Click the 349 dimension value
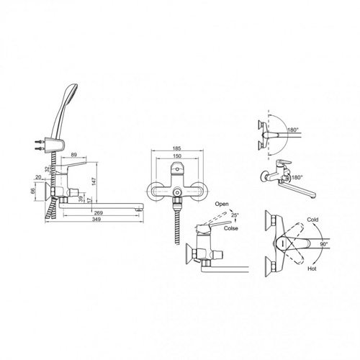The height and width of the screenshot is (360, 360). coord(96,219)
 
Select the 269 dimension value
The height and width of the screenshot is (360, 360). coord(99,212)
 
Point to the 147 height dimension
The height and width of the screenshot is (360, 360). coord(94,181)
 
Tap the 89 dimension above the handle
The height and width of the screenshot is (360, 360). coord(74,155)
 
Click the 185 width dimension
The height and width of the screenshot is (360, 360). coord(177,148)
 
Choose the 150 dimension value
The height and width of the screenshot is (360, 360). coord(177,156)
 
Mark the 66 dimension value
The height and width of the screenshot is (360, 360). coord(33,191)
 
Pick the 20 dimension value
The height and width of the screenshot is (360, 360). coord(38,177)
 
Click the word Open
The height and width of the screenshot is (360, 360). coord(222,204)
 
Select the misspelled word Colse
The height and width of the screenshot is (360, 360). coord(231,228)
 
